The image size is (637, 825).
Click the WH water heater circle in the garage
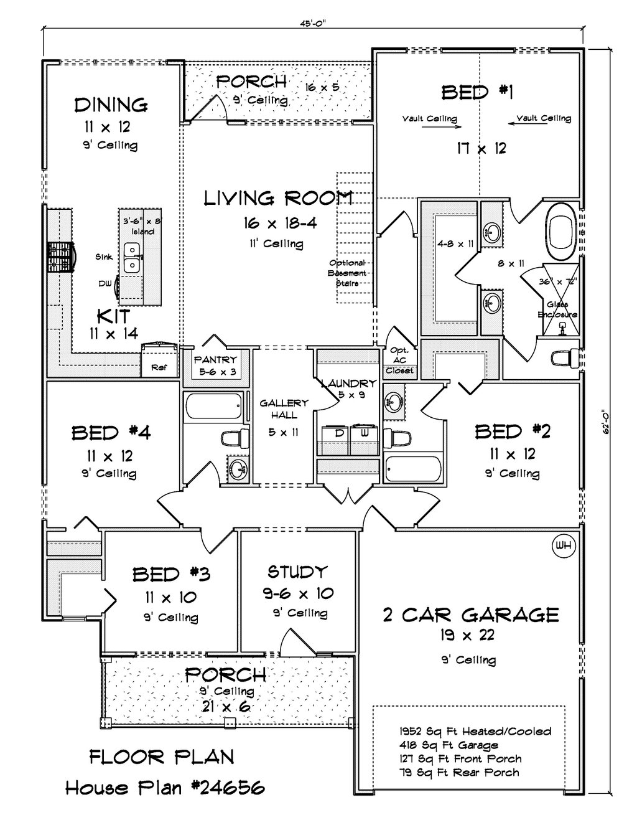(x=563, y=546)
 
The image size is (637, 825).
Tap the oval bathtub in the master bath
(x=560, y=233)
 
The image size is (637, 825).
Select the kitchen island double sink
(x=133, y=257)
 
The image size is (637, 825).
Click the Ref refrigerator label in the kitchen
(x=159, y=367)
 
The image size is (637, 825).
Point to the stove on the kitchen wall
(x=62, y=257)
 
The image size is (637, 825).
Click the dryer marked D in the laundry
(x=335, y=440)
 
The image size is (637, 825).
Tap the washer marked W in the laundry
(x=364, y=440)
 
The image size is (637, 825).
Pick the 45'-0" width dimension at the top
(x=313, y=24)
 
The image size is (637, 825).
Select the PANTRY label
(x=215, y=359)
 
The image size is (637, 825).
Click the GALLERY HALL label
(x=284, y=408)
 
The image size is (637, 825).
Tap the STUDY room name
(x=297, y=571)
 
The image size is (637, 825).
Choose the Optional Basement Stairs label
(x=347, y=273)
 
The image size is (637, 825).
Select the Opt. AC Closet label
(x=399, y=360)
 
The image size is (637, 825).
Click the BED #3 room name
(x=171, y=575)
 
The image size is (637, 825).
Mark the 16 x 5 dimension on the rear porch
(x=322, y=87)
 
